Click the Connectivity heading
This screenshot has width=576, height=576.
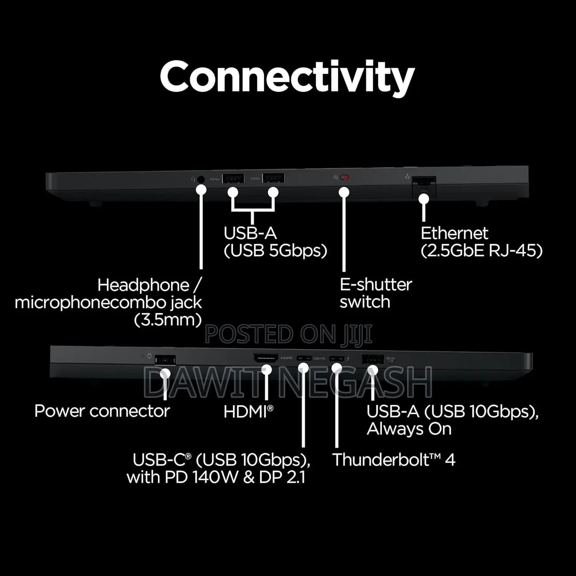(287, 77)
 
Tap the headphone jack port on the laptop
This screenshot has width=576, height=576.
(200, 179)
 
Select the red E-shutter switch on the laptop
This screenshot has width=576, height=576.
(344, 177)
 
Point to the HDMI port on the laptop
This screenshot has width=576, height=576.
(266, 358)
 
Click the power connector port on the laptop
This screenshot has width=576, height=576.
(165, 360)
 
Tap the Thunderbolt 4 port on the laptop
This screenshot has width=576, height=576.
(337, 359)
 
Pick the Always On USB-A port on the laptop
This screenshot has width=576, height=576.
(373, 359)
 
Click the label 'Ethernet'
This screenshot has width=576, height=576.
(454, 233)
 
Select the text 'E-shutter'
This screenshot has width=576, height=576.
(376, 285)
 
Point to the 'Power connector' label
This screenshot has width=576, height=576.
(102, 411)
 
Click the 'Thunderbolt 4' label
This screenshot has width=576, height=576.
(394, 460)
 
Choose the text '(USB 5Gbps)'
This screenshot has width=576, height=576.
(275, 250)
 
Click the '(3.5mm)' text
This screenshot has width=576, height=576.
(168, 319)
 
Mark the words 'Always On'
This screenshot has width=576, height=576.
(409, 429)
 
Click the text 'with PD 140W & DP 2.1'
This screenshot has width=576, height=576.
(216, 477)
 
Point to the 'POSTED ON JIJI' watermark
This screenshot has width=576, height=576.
(288, 334)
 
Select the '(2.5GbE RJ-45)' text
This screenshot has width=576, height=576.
(482, 250)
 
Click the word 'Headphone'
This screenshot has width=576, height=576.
(143, 285)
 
